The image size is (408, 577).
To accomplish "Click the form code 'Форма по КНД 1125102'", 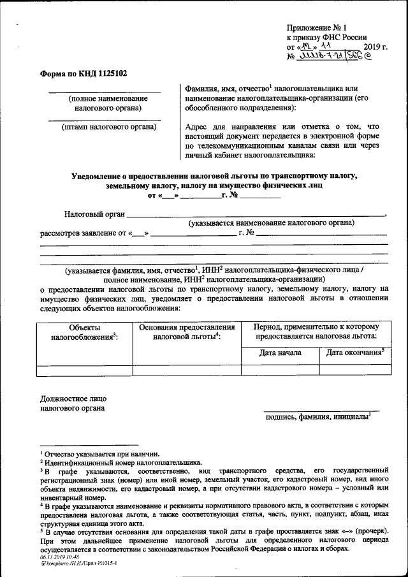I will coord(84,73).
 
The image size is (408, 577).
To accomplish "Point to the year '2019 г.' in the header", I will coord(375,47).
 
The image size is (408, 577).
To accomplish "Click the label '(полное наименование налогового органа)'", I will coord(108,103).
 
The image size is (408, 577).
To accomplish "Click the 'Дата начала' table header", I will coord(280,353).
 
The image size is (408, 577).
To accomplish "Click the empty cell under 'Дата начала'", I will coord(280,369).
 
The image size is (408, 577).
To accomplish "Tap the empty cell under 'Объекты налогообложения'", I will coord(84,369).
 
